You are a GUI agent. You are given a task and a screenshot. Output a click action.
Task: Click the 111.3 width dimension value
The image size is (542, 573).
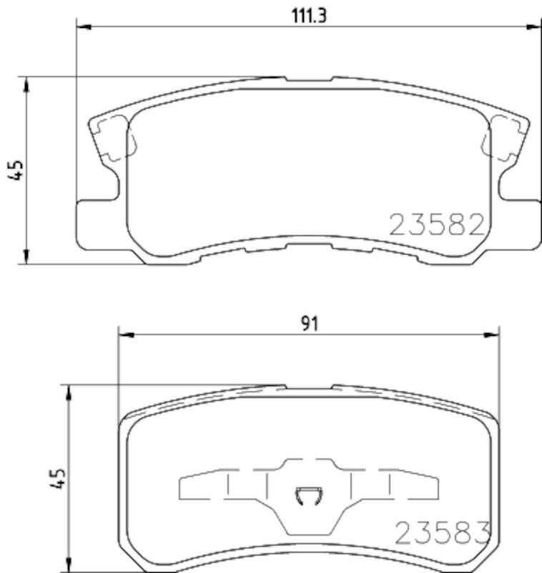(309, 16)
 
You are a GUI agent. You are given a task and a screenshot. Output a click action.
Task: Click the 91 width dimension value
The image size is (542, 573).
(310, 324)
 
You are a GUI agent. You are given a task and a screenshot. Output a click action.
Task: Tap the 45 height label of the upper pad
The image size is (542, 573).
(16, 170)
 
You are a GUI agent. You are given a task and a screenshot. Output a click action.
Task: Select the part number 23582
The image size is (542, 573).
(437, 225)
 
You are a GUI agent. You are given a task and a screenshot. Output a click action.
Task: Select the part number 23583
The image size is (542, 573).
(443, 533)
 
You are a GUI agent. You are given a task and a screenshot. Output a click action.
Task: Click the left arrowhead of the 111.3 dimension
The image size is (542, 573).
(84, 27)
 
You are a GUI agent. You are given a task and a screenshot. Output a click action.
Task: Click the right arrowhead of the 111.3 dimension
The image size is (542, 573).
(534, 27)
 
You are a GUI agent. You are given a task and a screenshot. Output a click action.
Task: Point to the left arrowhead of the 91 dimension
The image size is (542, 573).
(126, 334)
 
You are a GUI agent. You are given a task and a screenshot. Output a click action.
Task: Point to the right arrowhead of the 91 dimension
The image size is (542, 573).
(492, 334)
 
